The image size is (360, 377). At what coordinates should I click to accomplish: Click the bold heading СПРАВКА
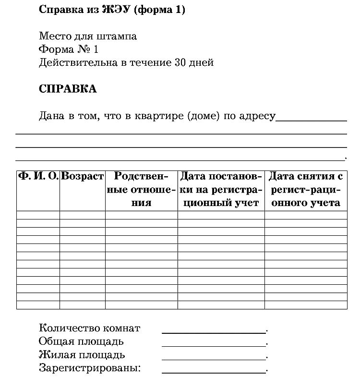point(67,89)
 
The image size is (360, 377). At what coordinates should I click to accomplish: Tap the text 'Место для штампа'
point(87,36)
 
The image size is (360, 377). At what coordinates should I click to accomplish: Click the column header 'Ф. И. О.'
point(38,176)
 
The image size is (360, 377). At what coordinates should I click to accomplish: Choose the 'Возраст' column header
point(83,176)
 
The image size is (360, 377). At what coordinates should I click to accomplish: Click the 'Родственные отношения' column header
point(141,189)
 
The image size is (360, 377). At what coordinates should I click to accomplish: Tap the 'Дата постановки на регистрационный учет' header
point(221,189)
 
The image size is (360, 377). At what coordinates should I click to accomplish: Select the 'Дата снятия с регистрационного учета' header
point(306,189)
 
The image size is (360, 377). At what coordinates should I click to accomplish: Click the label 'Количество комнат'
point(89,328)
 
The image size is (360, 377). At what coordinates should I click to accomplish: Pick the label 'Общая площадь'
point(81,341)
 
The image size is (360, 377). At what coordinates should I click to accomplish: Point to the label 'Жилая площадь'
point(82,355)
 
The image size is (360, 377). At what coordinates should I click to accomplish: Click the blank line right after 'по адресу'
point(311,119)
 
